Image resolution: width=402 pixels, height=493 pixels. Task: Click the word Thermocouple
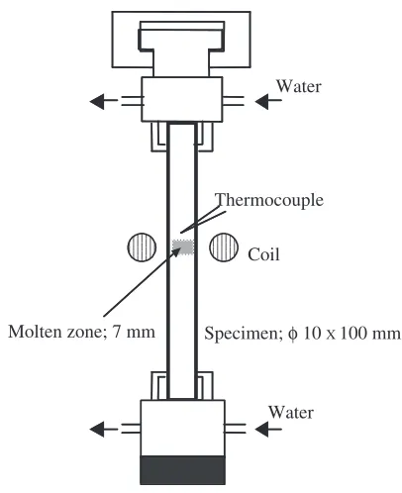(x=269, y=200)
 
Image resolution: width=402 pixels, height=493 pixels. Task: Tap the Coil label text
(x=263, y=254)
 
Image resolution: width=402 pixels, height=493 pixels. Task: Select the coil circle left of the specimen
(x=142, y=247)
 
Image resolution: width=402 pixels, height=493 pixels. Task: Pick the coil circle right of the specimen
(x=224, y=247)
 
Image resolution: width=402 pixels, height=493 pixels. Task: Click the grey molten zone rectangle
(x=182, y=247)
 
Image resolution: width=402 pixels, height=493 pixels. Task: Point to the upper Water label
(x=298, y=86)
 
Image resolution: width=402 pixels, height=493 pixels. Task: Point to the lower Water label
(x=291, y=413)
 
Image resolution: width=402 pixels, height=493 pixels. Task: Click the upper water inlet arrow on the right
(x=268, y=100)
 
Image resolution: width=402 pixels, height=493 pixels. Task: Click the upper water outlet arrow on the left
(x=103, y=100)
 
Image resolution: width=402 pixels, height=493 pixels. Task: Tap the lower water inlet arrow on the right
(x=268, y=430)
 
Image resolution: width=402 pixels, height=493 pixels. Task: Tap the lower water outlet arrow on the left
(x=103, y=430)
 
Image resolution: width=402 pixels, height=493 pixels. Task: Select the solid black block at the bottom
(x=182, y=470)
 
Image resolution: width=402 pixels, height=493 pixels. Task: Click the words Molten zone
(x=55, y=332)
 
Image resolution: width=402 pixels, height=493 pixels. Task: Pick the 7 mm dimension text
(x=134, y=332)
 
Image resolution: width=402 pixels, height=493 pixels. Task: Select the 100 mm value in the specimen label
(x=370, y=334)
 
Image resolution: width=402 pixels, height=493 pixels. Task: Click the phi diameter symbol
(x=292, y=334)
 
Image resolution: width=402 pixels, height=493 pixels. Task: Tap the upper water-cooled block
(x=182, y=99)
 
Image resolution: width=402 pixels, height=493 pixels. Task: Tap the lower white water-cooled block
(x=182, y=428)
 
